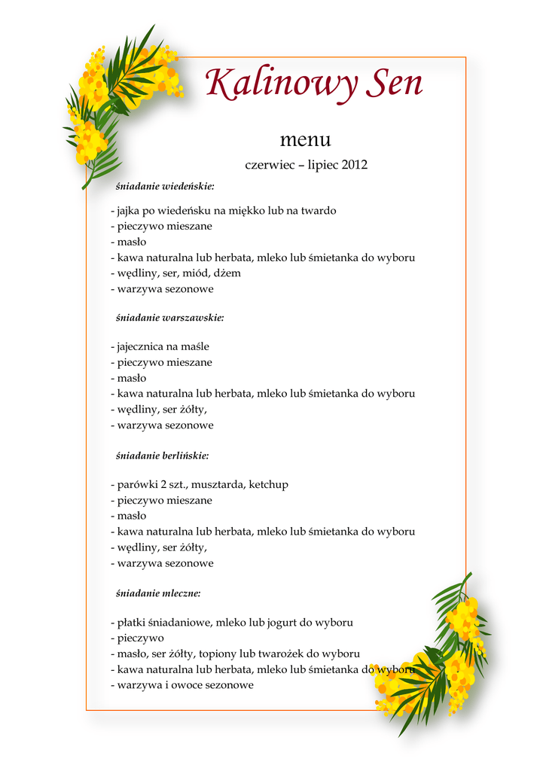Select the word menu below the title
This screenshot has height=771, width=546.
point(305,140)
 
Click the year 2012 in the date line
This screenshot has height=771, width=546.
point(354,164)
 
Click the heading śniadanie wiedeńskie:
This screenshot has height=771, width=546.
point(165,186)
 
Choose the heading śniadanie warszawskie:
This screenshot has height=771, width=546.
point(169,318)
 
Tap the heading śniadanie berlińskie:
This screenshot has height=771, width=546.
point(162,456)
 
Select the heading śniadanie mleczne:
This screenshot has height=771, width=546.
point(158,593)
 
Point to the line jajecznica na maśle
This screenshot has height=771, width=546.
point(160,346)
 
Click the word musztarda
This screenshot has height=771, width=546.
point(218,485)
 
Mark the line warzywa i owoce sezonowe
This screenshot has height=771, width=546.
point(182,685)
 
